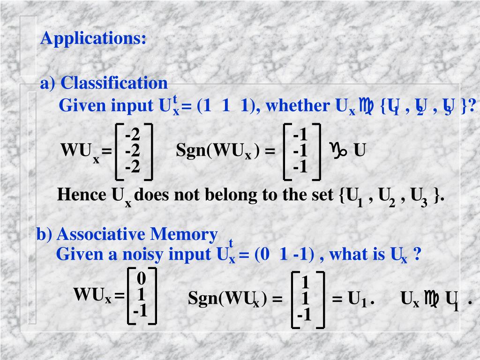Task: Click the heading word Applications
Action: pyautogui.click(x=93, y=38)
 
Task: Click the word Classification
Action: pyautogui.click(x=114, y=83)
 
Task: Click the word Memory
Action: pyautogui.click(x=190, y=234)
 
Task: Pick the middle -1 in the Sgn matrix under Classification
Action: pyautogui.click(x=300, y=151)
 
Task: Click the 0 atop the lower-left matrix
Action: pyautogui.click(x=141, y=279)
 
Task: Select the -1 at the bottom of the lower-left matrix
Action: pyautogui.click(x=140, y=311)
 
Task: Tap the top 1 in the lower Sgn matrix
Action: pyautogui.click(x=305, y=283)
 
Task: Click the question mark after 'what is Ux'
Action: pyautogui.click(x=418, y=255)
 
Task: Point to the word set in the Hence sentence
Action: pyautogui.click(x=322, y=195)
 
